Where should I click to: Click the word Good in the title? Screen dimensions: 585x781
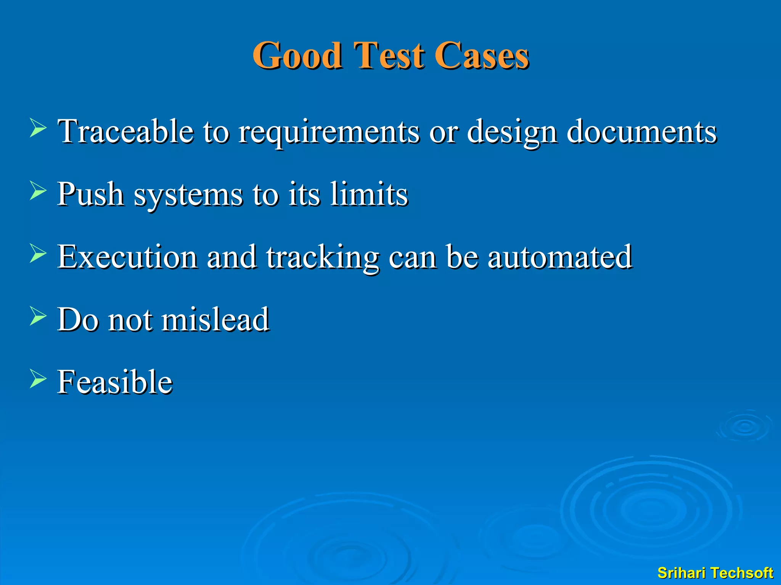pyautogui.click(x=297, y=56)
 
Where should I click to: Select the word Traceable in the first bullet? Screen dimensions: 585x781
pyautogui.click(x=125, y=131)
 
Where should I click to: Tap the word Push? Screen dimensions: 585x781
pyautogui.click(x=90, y=194)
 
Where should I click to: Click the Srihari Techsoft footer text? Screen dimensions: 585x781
pyautogui.click(x=715, y=573)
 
